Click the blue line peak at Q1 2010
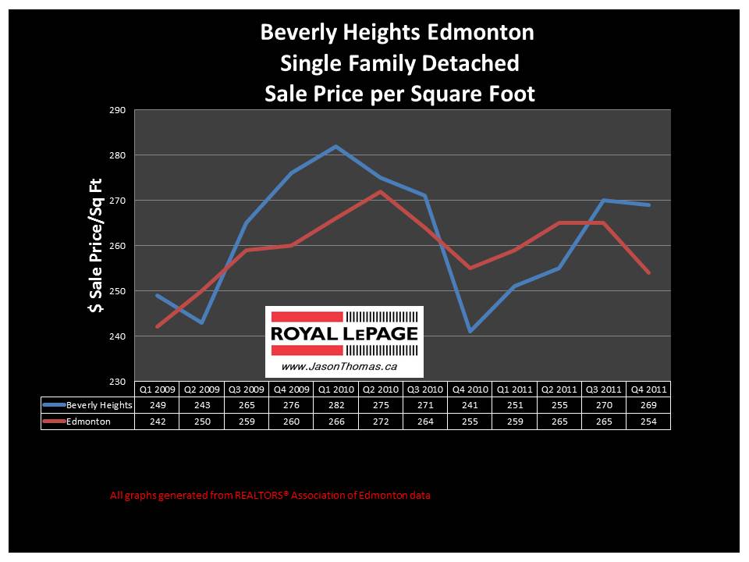point(335,146)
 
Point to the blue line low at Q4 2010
point(469,331)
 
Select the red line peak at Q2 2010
point(380,191)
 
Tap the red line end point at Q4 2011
point(648,272)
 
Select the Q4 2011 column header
point(648,389)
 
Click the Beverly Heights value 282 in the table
point(335,405)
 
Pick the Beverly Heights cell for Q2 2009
point(202,405)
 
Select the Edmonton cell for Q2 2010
point(380,421)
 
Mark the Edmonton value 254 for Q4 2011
point(648,421)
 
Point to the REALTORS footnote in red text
point(270,495)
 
